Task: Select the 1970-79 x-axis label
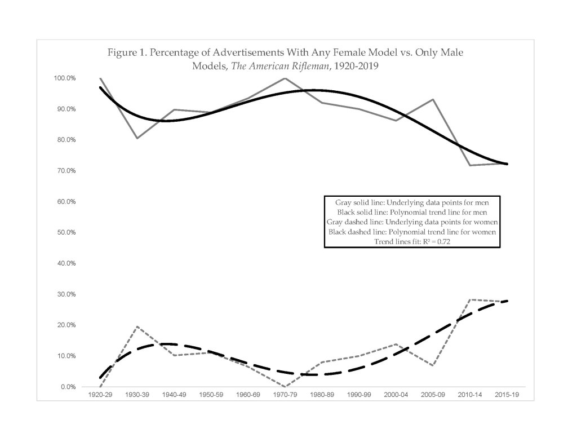(x=285, y=395)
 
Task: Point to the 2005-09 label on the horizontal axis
(x=433, y=395)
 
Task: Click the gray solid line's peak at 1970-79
(x=285, y=78)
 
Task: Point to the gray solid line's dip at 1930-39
(x=137, y=138)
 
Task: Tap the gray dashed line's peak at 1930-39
(x=137, y=327)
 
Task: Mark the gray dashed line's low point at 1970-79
(x=285, y=387)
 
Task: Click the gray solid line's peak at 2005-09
(x=433, y=100)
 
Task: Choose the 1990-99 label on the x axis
(x=359, y=395)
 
